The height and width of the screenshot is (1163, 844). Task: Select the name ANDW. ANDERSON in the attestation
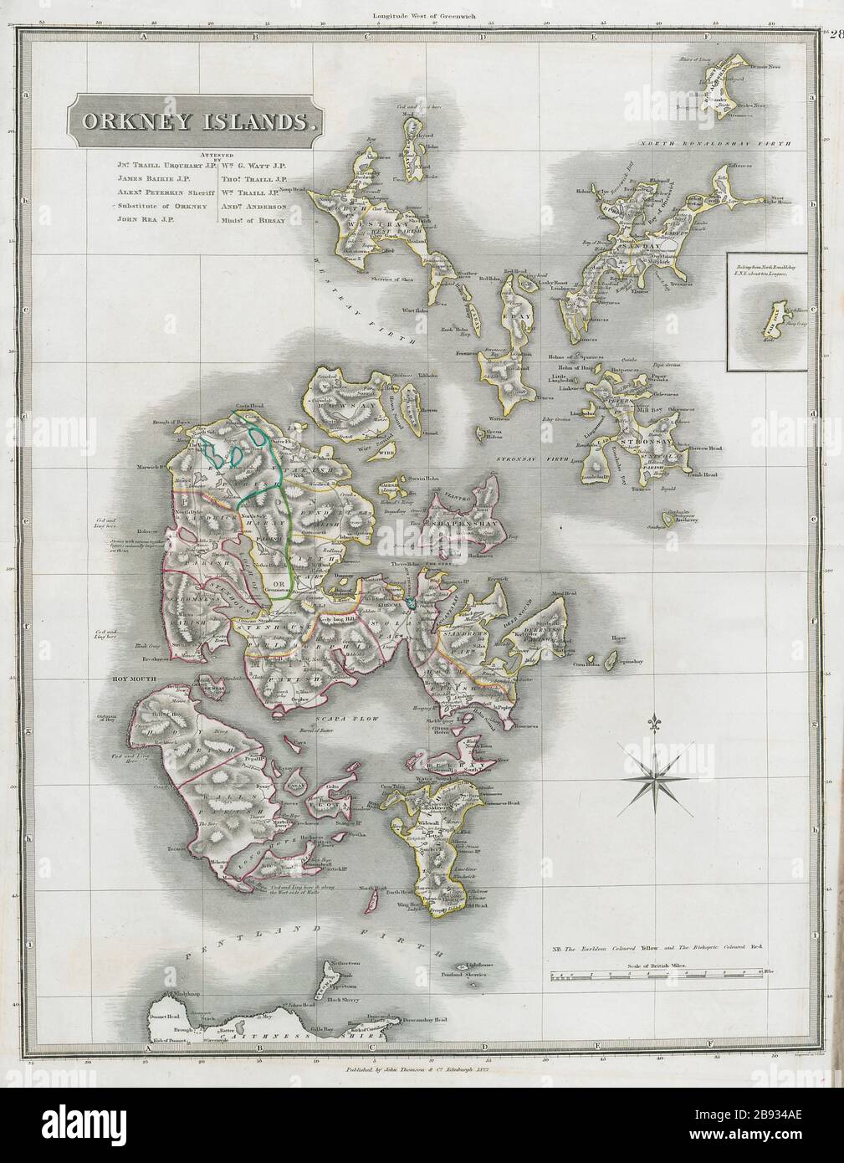[253, 205]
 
